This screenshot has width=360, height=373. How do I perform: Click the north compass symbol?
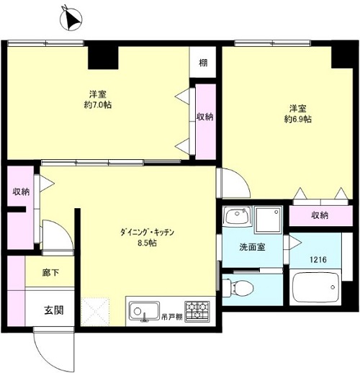(71, 19)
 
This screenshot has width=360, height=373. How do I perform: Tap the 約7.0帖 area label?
(98, 105)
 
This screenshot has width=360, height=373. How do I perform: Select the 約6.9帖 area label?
(297, 119)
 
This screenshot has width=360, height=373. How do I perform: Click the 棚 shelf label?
(203, 63)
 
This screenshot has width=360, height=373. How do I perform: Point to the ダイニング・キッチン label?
(147, 233)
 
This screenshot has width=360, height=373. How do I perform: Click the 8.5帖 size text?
(147, 243)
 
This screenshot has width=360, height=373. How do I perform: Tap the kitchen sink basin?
(144, 311)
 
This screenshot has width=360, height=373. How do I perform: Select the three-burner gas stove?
(197, 311)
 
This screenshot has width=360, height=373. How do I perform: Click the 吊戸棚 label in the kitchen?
(172, 317)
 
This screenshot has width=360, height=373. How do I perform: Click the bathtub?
(315, 287)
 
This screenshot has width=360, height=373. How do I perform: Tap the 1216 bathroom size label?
(318, 259)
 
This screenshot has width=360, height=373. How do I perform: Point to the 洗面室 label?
(252, 247)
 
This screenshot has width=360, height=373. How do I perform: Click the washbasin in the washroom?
(237, 215)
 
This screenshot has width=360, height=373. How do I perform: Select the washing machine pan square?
(269, 220)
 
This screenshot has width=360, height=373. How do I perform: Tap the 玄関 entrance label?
(54, 310)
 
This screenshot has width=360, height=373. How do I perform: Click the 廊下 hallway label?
(50, 273)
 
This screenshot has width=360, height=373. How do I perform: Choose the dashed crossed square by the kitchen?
(95, 312)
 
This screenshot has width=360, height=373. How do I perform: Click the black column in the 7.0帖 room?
(103, 58)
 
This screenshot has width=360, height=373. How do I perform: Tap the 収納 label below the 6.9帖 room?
(320, 215)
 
